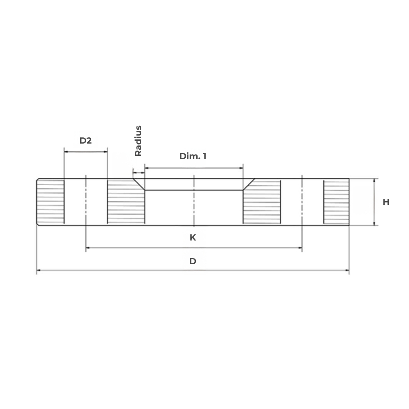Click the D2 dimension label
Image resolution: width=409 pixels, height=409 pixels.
tap(85, 141)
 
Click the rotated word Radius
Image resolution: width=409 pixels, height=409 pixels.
tap(138, 141)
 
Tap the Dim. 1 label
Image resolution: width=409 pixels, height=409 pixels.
tap(193, 156)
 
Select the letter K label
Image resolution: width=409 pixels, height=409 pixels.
tap(193, 238)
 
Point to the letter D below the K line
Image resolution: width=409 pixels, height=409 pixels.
tap(193, 261)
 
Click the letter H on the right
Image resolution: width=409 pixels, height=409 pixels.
tap(386, 202)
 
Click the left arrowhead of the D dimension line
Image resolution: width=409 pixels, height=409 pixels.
tap(38, 270)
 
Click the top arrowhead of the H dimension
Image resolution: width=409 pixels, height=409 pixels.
tap(375, 180)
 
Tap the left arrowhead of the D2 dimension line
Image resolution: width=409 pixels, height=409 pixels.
tap(66, 152)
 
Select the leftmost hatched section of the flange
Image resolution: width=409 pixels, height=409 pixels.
tap(51, 202)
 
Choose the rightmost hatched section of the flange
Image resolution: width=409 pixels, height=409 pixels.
tap(336, 202)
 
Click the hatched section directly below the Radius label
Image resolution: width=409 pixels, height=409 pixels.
tap(125, 204)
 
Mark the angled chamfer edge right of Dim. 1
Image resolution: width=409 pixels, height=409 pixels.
tap(249, 184)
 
